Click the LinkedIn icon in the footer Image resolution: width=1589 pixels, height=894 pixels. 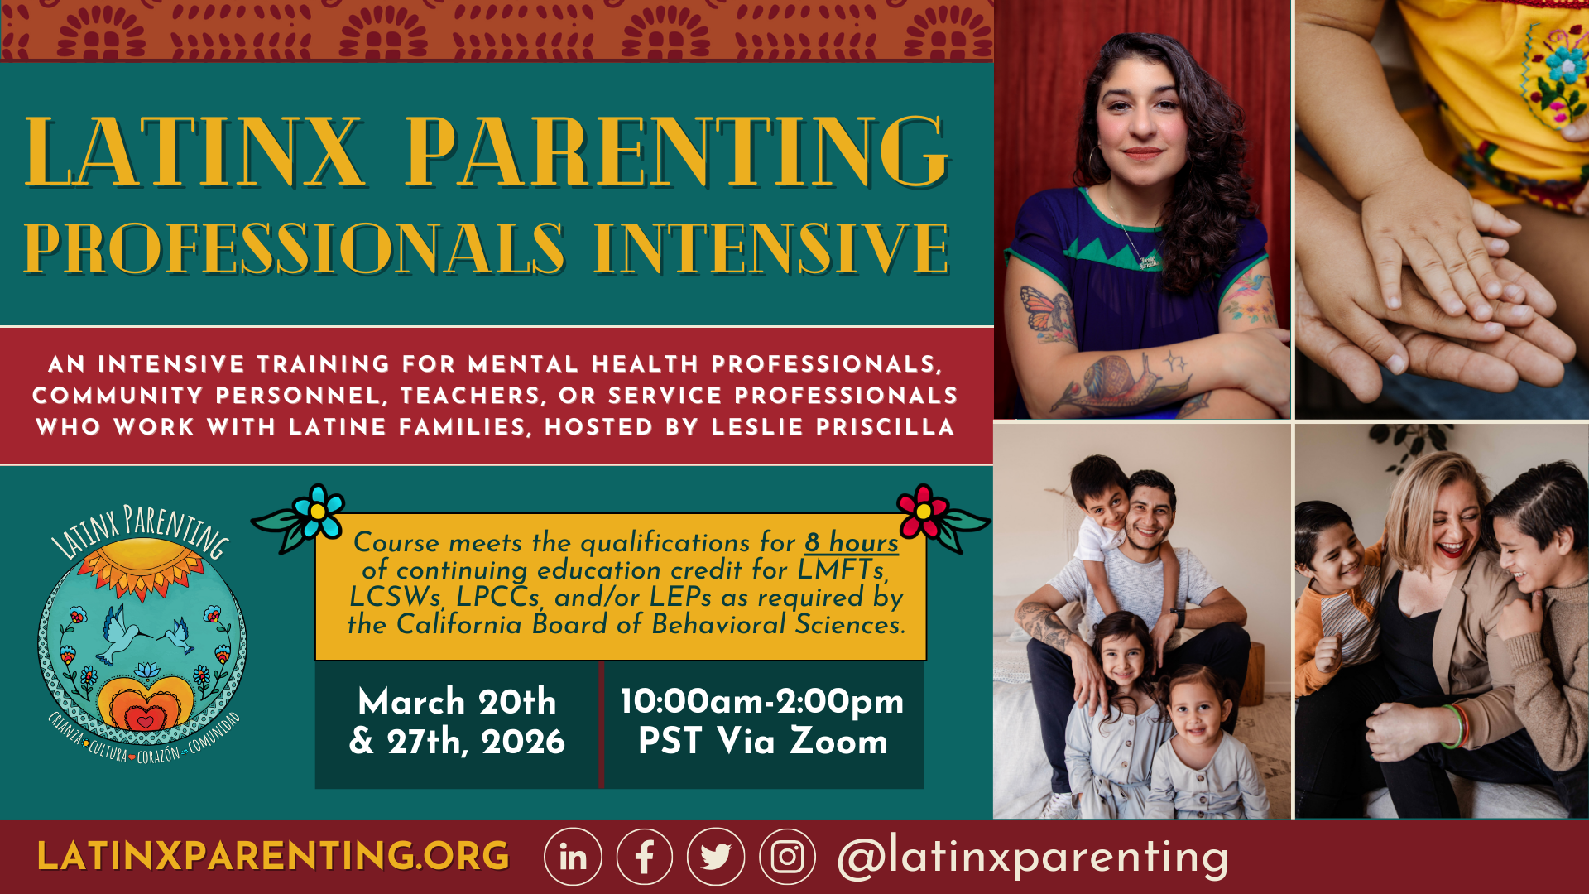pos(573,857)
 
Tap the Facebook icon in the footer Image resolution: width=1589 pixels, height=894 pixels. pos(645,857)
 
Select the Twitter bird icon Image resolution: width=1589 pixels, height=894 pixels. pos(716,857)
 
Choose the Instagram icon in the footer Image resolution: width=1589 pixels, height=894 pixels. pos(787,857)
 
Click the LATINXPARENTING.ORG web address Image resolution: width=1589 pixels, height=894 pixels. pos(273,857)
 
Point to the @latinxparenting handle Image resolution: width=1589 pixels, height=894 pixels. pos(1033,858)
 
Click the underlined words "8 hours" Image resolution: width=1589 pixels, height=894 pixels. pos(852,542)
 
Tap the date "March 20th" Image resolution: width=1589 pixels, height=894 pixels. pos(457,701)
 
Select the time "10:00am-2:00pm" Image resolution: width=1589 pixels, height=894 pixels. pos(762,701)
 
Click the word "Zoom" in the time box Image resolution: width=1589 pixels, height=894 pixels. pos(838,740)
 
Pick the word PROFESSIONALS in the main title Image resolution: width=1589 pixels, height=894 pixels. pos(295,248)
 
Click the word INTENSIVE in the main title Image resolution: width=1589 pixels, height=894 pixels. pos(771,248)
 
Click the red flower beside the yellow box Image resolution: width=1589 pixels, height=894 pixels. pos(923,512)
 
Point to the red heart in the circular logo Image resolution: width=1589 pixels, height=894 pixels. pos(145,721)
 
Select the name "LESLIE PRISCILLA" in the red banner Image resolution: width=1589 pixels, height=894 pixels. pos(833,427)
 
